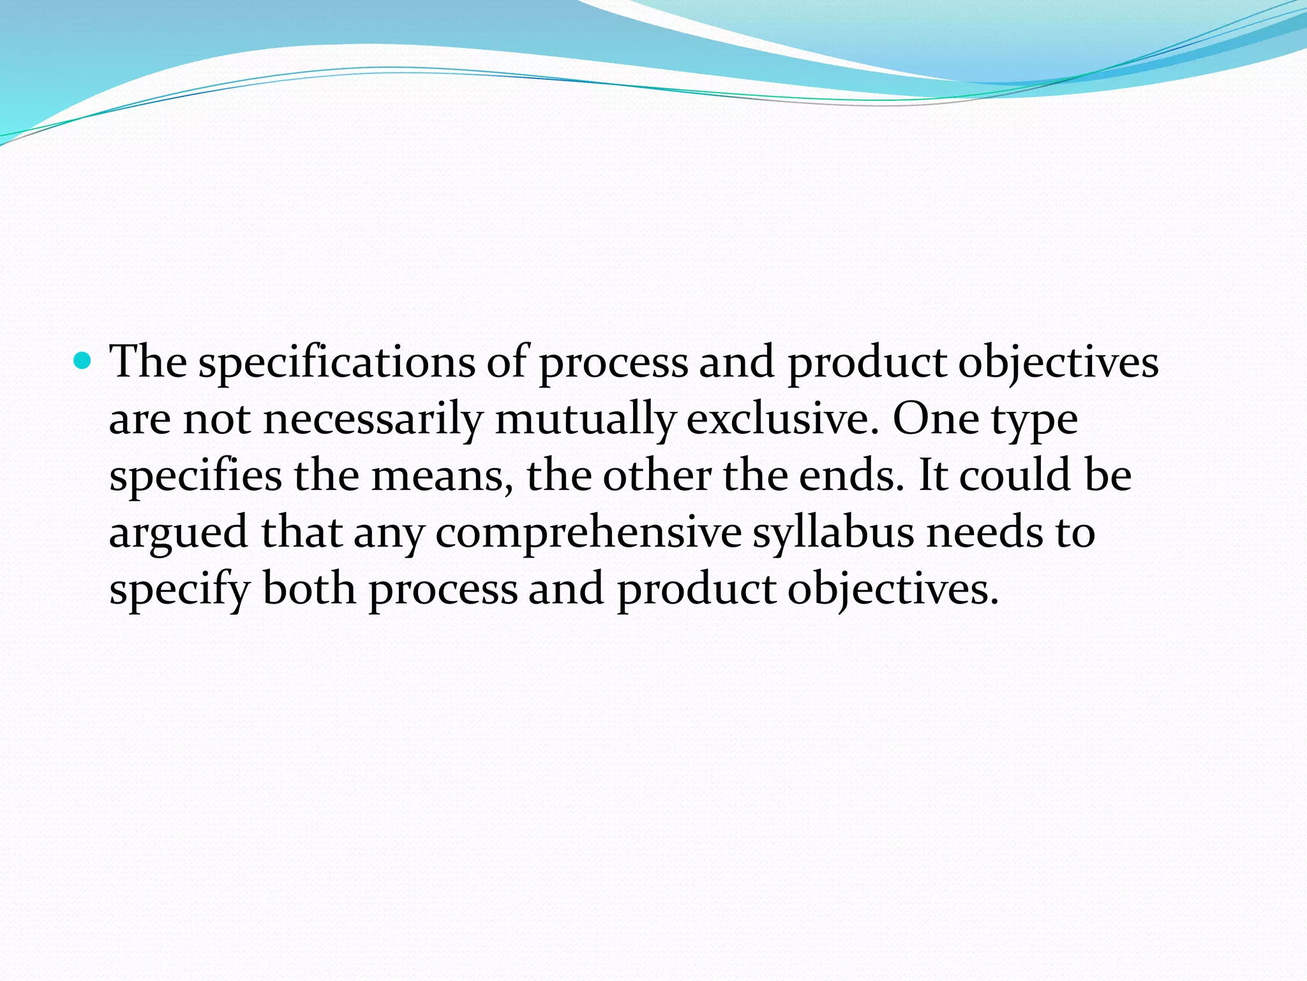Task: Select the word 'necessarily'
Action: point(373,420)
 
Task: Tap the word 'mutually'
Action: point(585,420)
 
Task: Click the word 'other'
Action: point(657,476)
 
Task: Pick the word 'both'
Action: point(309,589)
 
